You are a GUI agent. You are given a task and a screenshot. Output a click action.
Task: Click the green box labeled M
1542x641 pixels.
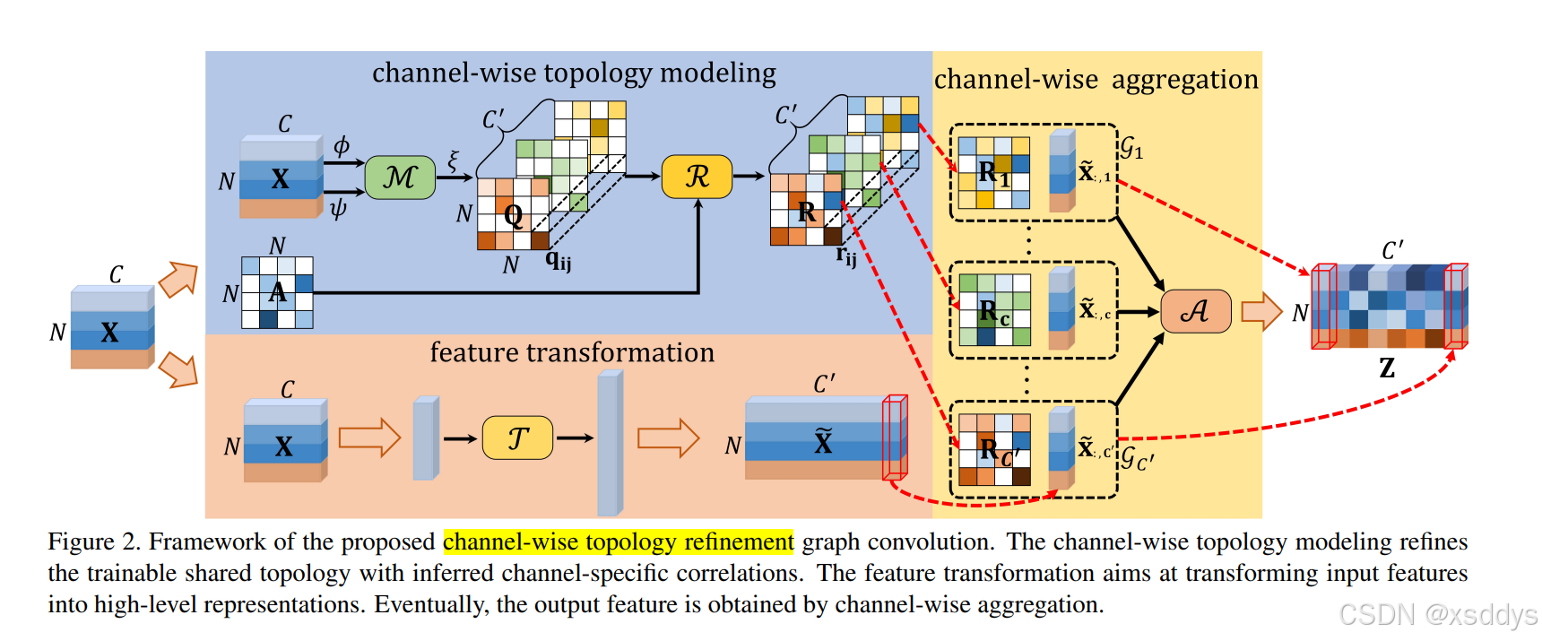tap(400, 177)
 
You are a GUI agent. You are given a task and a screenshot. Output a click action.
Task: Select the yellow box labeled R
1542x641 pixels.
tap(697, 177)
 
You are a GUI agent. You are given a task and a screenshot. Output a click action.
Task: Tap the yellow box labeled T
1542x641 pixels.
tap(517, 437)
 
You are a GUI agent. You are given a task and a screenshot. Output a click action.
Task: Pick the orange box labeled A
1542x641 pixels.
tap(1195, 311)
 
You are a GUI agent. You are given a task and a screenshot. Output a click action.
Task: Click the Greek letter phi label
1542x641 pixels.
tap(341, 145)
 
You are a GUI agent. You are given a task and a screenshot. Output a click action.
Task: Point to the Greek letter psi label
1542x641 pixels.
tap(338, 209)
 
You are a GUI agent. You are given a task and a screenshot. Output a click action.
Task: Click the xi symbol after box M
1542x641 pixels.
tap(453, 160)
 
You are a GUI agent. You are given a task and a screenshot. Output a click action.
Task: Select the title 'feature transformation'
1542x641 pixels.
tap(572, 352)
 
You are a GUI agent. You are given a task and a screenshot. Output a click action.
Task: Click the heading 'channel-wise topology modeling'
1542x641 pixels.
tap(574, 73)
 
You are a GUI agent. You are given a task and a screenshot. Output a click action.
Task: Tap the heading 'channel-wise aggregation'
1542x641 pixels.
tap(1096, 80)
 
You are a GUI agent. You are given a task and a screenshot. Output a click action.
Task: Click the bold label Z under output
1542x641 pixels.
tap(1386, 368)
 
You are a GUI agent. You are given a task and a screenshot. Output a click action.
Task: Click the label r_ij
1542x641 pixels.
tap(845, 256)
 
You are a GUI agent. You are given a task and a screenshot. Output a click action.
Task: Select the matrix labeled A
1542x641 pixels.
tap(277, 292)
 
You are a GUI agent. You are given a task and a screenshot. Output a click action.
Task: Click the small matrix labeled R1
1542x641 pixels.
tap(993, 172)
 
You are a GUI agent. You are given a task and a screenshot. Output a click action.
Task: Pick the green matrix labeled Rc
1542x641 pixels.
tap(993, 310)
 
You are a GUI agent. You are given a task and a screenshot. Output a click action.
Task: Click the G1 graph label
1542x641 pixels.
tap(1131, 147)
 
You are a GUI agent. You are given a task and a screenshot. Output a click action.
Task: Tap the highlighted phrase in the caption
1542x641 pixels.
tap(618, 541)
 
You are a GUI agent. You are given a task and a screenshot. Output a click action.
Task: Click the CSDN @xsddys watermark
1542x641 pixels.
tap(1437, 614)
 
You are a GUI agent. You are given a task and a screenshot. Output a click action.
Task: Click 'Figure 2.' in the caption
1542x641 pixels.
tap(94, 541)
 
